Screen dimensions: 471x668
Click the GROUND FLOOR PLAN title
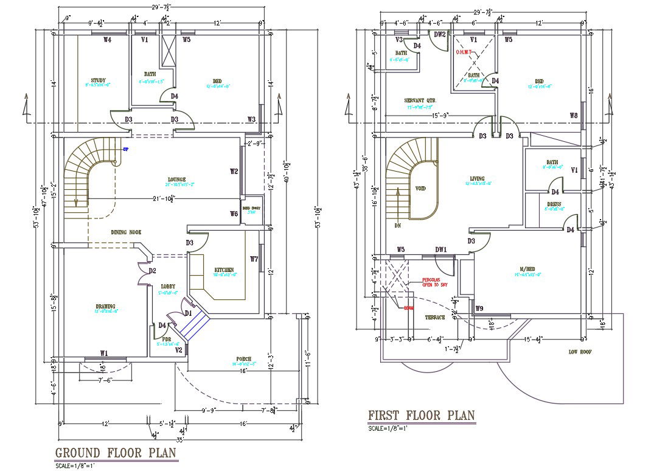tap(116, 453)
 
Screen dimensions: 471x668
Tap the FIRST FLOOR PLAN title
tap(421, 416)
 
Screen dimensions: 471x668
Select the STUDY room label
tap(98, 80)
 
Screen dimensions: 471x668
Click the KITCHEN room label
tap(224, 270)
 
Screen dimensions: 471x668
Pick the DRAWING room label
tap(105, 306)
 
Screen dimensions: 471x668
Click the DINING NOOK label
tap(126, 232)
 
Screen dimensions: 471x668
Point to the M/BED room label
tap(527, 270)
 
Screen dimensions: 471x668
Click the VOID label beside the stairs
tap(420, 189)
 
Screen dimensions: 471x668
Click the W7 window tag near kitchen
tap(254, 259)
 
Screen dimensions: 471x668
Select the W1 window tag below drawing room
tap(104, 353)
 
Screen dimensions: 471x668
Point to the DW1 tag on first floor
tap(440, 249)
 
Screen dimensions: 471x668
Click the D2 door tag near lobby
tap(152, 271)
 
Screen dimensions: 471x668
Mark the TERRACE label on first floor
tap(434, 318)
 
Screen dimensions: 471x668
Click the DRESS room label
tap(554, 205)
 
